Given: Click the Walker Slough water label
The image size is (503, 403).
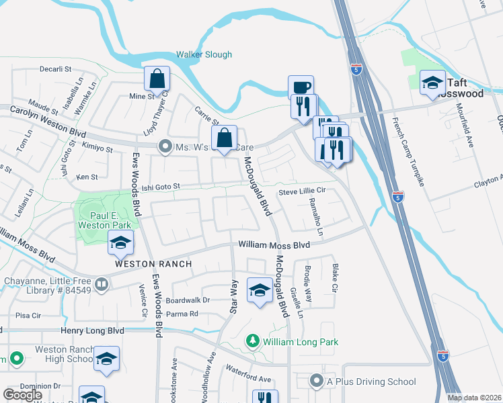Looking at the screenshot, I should (x=204, y=55).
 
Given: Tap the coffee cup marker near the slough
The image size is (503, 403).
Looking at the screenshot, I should (x=301, y=87).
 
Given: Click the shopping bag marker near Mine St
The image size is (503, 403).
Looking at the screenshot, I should (x=157, y=79).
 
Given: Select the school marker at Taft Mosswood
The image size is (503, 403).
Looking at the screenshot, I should (x=432, y=83).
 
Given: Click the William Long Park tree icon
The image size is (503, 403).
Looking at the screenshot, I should (x=253, y=342).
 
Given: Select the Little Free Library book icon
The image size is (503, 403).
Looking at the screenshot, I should (x=101, y=285).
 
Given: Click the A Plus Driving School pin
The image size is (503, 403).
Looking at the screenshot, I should (x=317, y=382).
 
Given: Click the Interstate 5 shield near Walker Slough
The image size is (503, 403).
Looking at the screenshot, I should (x=358, y=69).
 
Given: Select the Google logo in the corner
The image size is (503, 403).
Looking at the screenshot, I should (x=22, y=395).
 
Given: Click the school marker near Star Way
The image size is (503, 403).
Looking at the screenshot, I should (x=259, y=289).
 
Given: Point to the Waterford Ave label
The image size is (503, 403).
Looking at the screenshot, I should (x=247, y=379).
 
